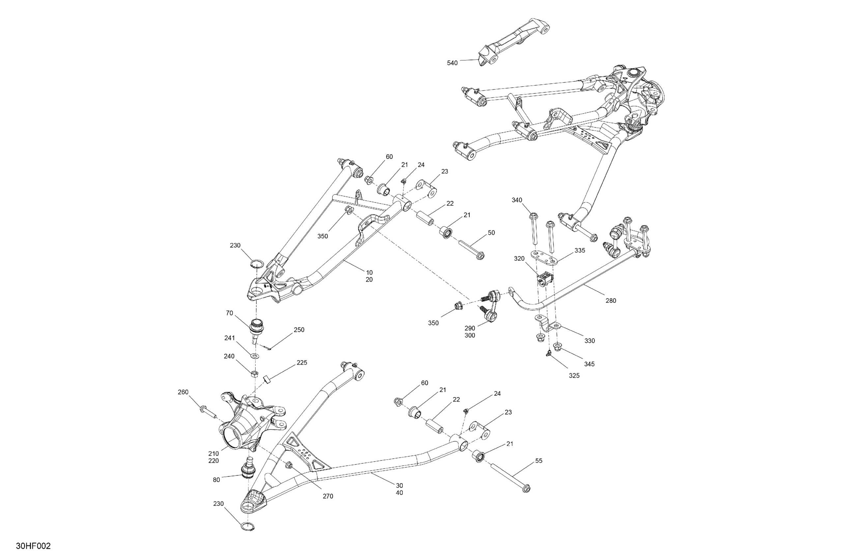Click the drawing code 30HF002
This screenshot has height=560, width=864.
pyautogui.click(x=33, y=546)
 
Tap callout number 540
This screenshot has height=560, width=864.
pyautogui.click(x=452, y=63)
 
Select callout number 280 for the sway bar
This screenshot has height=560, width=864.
pyautogui.click(x=611, y=300)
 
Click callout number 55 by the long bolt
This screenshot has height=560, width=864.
pyautogui.click(x=539, y=461)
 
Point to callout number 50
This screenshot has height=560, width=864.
pyautogui.click(x=491, y=233)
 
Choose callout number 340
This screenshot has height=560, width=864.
pyautogui.click(x=517, y=200)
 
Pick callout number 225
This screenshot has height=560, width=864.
pyautogui.click(x=302, y=362)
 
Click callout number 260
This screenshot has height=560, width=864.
pyautogui.click(x=183, y=392)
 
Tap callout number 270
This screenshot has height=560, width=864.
pyautogui.click(x=328, y=496)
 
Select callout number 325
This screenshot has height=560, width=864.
pyautogui.click(x=574, y=376)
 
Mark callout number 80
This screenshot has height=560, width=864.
pyautogui.click(x=216, y=480)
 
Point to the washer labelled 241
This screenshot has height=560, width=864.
pyautogui.click(x=256, y=356)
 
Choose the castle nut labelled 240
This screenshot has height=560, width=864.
pyautogui.click(x=255, y=374)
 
